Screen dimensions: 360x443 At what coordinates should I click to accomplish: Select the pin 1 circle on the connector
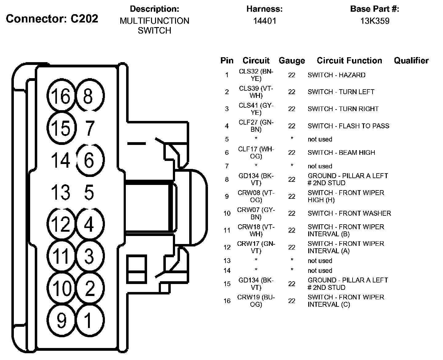(89, 320)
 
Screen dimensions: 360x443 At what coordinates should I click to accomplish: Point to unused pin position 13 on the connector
(61, 192)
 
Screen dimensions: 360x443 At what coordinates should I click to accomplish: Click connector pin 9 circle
(62, 320)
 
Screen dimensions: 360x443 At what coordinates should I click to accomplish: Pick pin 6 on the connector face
(89, 160)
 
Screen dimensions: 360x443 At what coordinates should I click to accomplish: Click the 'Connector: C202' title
(52, 19)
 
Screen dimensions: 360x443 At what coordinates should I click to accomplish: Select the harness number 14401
(265, 21)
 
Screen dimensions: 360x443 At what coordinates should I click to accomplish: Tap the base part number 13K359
(375, 21)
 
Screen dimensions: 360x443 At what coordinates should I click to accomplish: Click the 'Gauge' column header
(292, 61)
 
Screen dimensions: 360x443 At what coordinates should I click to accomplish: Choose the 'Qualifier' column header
(411, 61)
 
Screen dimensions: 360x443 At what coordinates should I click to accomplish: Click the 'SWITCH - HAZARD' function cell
(337, 75)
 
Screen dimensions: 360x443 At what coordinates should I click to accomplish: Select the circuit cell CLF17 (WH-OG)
(256, 153)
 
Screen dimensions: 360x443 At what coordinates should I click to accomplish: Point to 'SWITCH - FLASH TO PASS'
(348, 126)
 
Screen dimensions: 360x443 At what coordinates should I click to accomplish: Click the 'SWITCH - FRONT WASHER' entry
(349, 213)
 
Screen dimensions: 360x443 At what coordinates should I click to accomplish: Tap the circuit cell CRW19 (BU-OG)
(256, 301)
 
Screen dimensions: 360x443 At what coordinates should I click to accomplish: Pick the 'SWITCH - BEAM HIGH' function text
(341, 153)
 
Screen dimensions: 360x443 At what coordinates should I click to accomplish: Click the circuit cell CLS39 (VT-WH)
(256, 92)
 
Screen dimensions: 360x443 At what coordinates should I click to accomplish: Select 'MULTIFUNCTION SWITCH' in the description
(154, 26)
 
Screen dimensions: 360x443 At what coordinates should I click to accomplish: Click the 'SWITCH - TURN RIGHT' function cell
(343, 109)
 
